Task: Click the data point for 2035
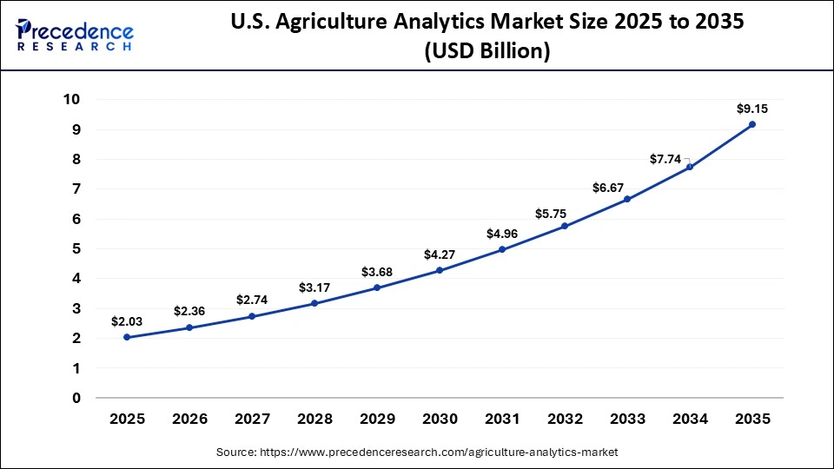click(x=752, y=125)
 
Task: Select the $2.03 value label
click(x=127, y=321)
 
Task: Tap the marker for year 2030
click(x=440, y=270)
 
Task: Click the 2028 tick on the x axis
click(x=314, y=419)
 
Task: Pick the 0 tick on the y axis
click(x=76, y=399)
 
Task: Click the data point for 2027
click(x=252, y=316)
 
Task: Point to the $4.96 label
click(x=502, y=233)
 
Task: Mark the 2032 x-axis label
click(x=565, y=419)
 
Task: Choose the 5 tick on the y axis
click(x=76, y=249)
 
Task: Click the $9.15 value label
click(x=752, y=109)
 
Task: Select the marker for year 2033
click(x=627, y=199)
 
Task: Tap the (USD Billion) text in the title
click(x=486, y=52)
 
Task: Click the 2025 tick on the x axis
click(x=127, y=419)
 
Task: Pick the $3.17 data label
click(x=314, y=287)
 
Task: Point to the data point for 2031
click(x=502, y=250)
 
